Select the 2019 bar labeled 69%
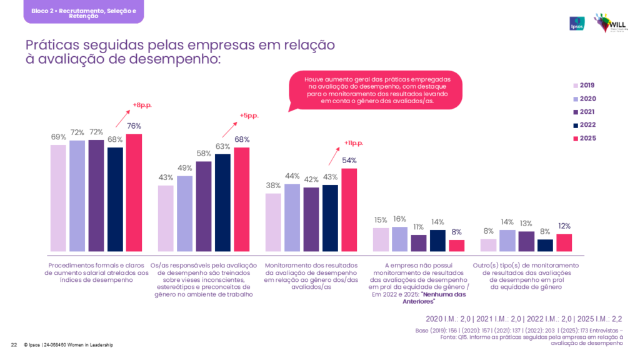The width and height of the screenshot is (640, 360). point(58,197)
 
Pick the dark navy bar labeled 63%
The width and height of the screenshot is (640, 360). point(222,202)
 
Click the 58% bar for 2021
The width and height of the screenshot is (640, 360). point(204,206)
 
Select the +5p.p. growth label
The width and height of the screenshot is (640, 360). point(249,116)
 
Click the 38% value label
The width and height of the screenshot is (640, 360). point(274,186)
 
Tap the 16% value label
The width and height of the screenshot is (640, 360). point(400,219)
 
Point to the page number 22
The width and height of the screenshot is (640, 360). point(14,345)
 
